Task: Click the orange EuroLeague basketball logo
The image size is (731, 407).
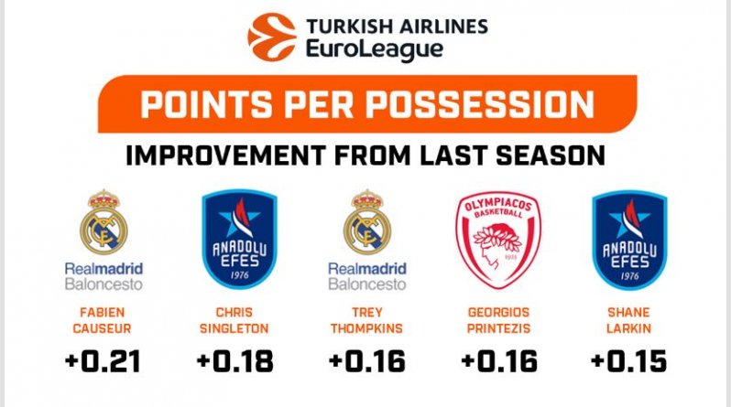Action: tap(272, 37)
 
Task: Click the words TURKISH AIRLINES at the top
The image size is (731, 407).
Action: tap(397, 27)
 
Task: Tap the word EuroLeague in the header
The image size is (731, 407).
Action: tap(375, 49)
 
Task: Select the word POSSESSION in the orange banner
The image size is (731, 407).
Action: tap(480, 104)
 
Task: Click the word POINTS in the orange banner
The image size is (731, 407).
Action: tap(206, 104)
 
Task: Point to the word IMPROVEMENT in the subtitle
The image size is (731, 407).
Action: tap(225, 155)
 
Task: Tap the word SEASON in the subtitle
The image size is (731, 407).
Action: tap(551, 155)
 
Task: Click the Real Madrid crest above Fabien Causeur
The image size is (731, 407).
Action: tap(104, 222)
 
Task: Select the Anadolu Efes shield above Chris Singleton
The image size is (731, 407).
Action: tap(240, 239)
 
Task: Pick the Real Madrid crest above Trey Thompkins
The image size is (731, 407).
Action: tap(367, 222)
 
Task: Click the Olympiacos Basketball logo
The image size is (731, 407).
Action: tap(498, 240)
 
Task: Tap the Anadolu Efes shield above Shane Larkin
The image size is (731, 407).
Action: tap(629, 240)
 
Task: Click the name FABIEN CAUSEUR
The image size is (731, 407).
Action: tap(102, 320)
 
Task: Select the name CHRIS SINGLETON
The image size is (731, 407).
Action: tap(234, 320)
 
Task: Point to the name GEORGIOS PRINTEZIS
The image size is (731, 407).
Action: tap(499, 320)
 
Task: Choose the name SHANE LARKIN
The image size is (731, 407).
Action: tap(629, 320)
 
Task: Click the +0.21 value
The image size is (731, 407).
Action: tap(103, 361)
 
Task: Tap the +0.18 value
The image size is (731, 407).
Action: tap(235, 361)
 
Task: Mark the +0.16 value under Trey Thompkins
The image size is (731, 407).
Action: tap(367, 361)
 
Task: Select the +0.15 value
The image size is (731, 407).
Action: tap(629, 361)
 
